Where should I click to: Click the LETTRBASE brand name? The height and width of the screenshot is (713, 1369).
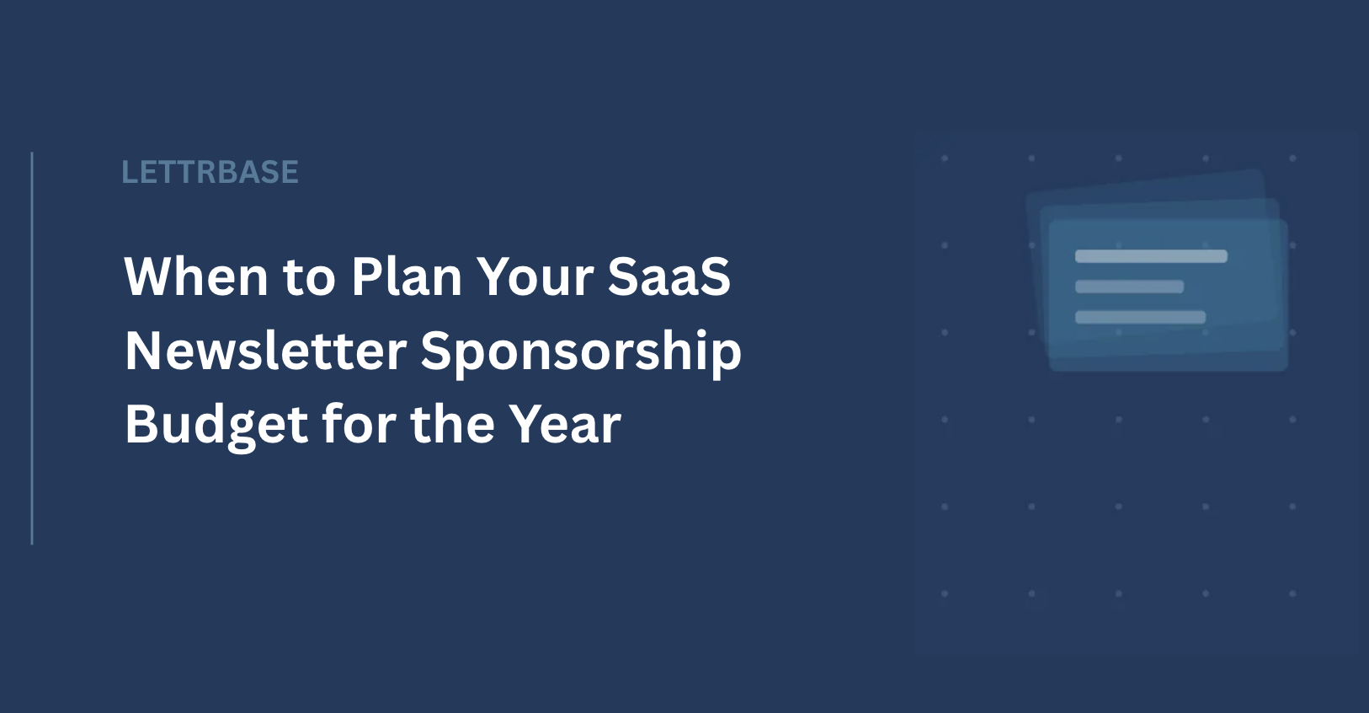210,172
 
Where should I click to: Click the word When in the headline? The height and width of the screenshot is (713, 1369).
195,276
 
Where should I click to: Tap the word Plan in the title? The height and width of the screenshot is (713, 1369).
407,276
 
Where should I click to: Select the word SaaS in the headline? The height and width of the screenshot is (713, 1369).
669,276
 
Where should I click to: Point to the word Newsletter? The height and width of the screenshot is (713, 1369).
266,351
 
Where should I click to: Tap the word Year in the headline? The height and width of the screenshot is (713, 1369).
565,424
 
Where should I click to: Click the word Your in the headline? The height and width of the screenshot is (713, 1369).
535,277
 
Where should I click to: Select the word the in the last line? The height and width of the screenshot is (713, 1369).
453,424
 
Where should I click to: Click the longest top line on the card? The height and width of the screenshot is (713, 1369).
1152,256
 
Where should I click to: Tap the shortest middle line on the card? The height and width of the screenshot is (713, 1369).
1129,287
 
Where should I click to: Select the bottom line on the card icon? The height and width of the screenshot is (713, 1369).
1141,317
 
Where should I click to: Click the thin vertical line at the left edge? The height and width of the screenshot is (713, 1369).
32,348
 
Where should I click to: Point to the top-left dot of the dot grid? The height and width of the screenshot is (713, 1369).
945,158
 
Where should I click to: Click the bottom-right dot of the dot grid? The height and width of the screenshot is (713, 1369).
1292,593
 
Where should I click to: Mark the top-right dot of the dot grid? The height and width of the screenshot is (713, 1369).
1292,158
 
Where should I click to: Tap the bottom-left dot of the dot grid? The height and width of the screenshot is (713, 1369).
945,593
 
